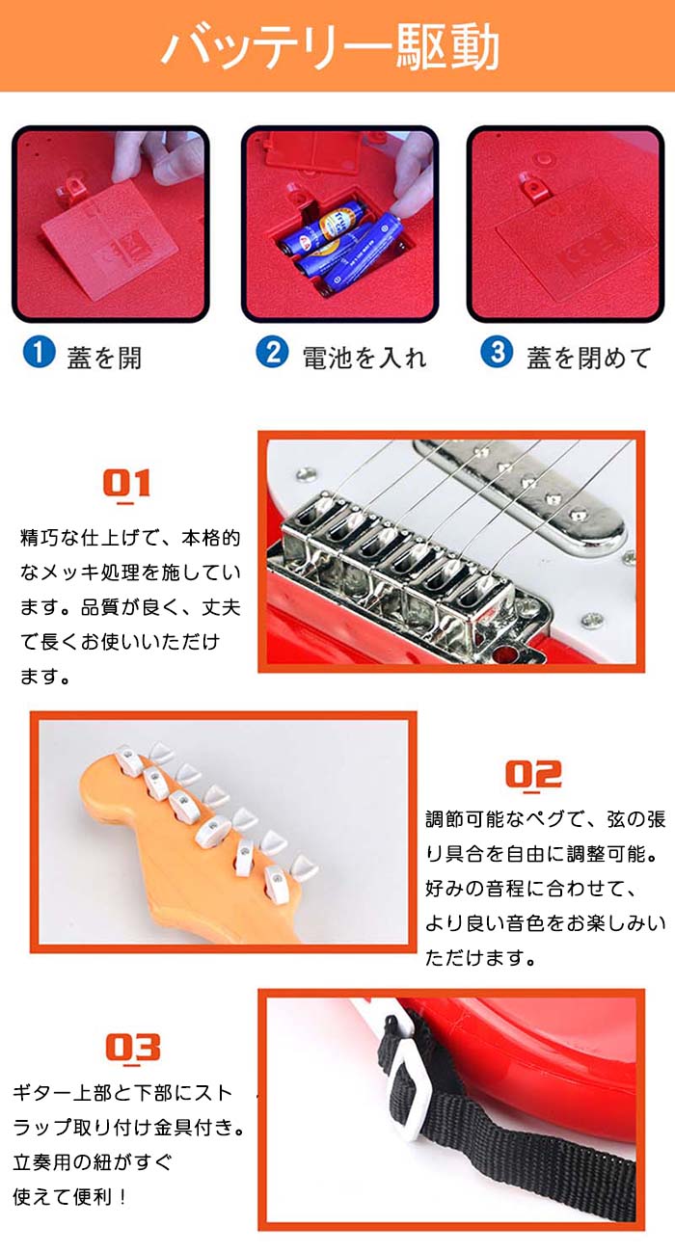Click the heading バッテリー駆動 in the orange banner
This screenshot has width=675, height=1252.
click(x=331, y=47)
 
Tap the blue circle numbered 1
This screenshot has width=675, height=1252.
click(x=40, y=352)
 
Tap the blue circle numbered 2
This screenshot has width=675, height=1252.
click(x=272, y=352)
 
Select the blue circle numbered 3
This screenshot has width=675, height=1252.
click(x=497, y=352)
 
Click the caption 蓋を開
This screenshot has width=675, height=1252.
click(x=104, y=358)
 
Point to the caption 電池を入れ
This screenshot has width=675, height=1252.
click(x=364, y=358)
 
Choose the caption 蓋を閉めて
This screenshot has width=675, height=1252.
click(x=589, y=358)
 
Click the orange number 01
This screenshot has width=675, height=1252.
click(x=127, y=484)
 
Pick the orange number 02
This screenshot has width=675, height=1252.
click(x=533, y=775)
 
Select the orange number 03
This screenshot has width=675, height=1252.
click(x=133, y=1049)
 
